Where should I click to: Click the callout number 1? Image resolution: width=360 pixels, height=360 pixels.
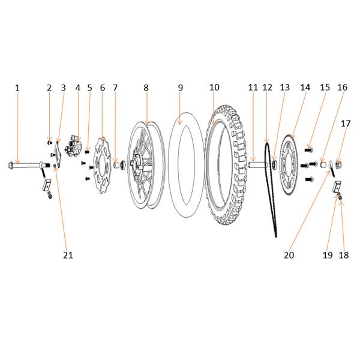[x=17, y=88]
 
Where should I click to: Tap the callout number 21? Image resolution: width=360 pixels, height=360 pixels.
[x=68, y=255]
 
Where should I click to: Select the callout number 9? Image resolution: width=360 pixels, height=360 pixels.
[x=181, y=88]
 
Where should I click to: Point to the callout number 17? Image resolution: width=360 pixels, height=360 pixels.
[x=346, y=124]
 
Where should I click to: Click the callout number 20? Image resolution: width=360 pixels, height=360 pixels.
[x=289, y=255]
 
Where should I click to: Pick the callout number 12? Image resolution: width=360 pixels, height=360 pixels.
[x=267, y=88]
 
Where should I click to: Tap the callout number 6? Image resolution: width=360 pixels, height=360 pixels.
[x=103, y=88]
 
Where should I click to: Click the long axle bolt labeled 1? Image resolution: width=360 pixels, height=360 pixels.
[x=29, y=165]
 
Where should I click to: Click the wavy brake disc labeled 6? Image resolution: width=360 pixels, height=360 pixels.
[x=103, y=166]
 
